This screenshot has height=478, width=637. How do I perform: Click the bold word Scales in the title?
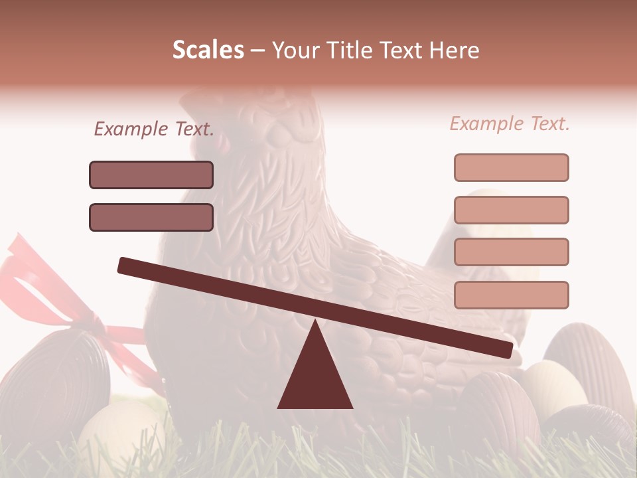[208, 50]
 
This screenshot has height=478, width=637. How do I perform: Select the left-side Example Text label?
[154, 129]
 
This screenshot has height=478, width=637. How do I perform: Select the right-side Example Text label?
[510, 123]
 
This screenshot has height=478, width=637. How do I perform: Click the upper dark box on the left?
[151, 175]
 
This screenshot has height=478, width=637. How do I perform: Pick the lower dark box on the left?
[151, 217]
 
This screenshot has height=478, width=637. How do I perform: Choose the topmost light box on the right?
[511, 167]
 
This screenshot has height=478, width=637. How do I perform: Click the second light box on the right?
[511, 210]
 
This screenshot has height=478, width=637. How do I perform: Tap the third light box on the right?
[511, 252]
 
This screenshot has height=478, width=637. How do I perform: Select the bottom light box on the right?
[511, 295]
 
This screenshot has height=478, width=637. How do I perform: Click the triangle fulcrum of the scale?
[315, 372]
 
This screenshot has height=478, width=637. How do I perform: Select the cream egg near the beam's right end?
[554, 388]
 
